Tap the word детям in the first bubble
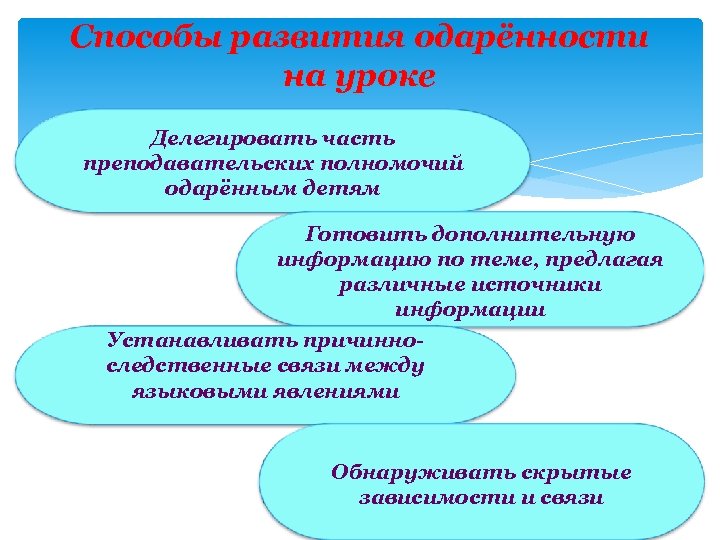tap(336, 189)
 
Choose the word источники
tap(527, 285)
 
